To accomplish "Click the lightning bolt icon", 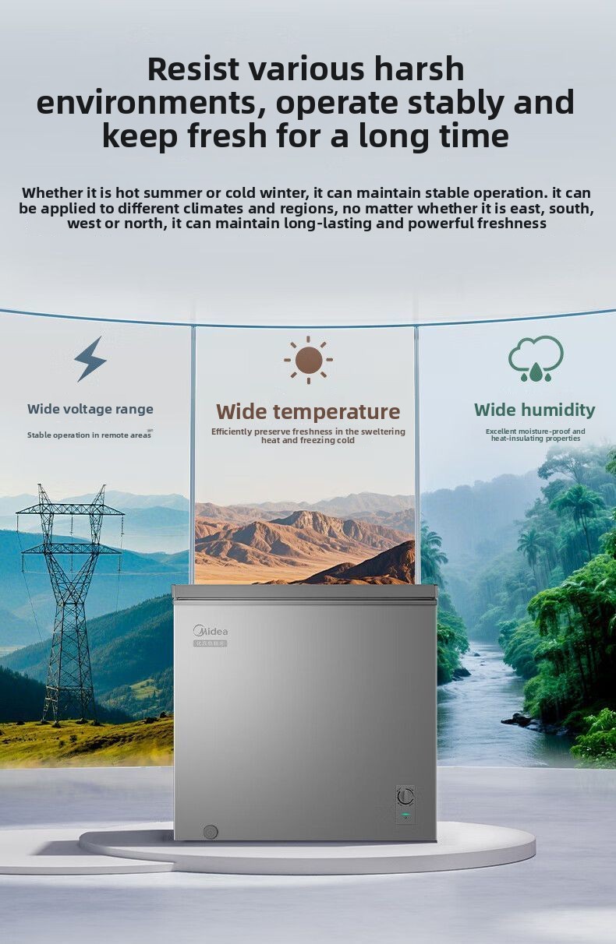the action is [x=90, y=360].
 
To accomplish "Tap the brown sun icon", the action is [x=309, y=360].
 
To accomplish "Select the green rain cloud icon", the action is [x=536, y=358].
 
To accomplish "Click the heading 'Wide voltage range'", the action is [x=90, y=409].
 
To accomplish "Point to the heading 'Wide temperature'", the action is [x=308, y=411].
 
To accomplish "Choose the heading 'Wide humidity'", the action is [x=535, y=410].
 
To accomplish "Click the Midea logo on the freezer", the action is [x=211, y=631].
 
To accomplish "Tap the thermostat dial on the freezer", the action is [x=405, y=796].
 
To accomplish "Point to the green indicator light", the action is [x=405, y=814].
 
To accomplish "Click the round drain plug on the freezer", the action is [x=210, y=832].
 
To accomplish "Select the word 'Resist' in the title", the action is [x=193, y=69].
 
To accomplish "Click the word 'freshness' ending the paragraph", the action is [x=512, y=223].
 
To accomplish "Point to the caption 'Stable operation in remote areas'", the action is [x=89, y=435].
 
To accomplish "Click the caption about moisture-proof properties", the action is [x=536, y=435].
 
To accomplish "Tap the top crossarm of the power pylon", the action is [x=70, y=510].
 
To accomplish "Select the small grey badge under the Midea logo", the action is [x=211, y=643].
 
